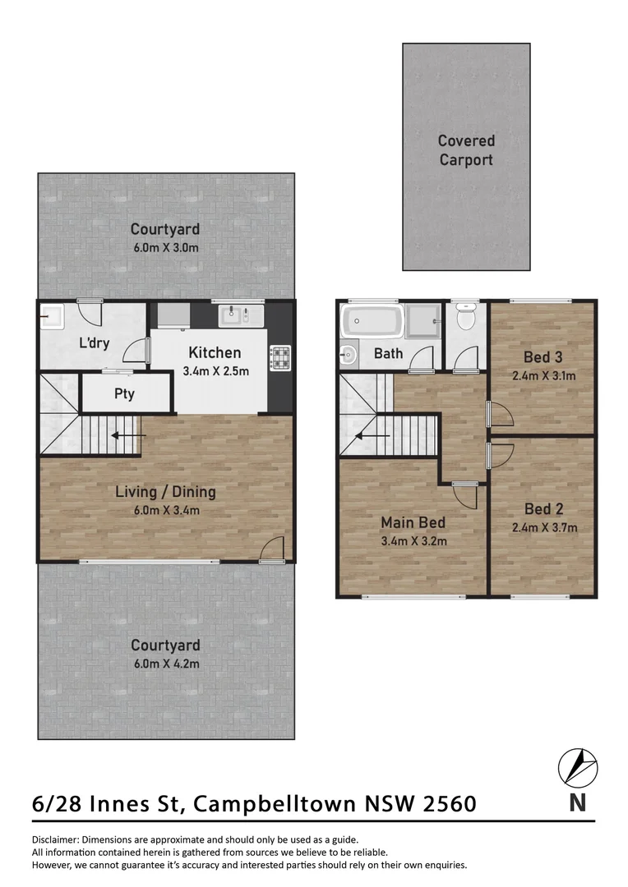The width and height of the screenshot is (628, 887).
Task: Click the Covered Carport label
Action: (x=466, y=150)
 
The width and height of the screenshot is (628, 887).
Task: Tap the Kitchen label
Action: (x=215, y=353)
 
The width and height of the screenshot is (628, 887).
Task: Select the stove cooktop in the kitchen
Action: (x=280, y=356)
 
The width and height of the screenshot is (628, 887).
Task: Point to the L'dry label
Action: (x=95, y=343)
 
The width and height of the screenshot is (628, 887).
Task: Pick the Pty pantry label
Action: (x=124, y=394)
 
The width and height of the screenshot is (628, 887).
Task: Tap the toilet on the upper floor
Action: (x=466, y=317)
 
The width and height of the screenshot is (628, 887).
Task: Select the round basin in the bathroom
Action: (x=347, y=356)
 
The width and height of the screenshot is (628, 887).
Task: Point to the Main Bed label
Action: (x=413, y=522)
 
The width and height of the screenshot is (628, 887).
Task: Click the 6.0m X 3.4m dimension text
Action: (x=165, y=510)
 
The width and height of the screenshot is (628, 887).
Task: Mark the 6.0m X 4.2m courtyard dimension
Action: (x=165, y=664)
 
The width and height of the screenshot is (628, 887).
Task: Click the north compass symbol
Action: (x=578, y=768)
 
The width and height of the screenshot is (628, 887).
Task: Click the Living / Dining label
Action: (x=165, y=493)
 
